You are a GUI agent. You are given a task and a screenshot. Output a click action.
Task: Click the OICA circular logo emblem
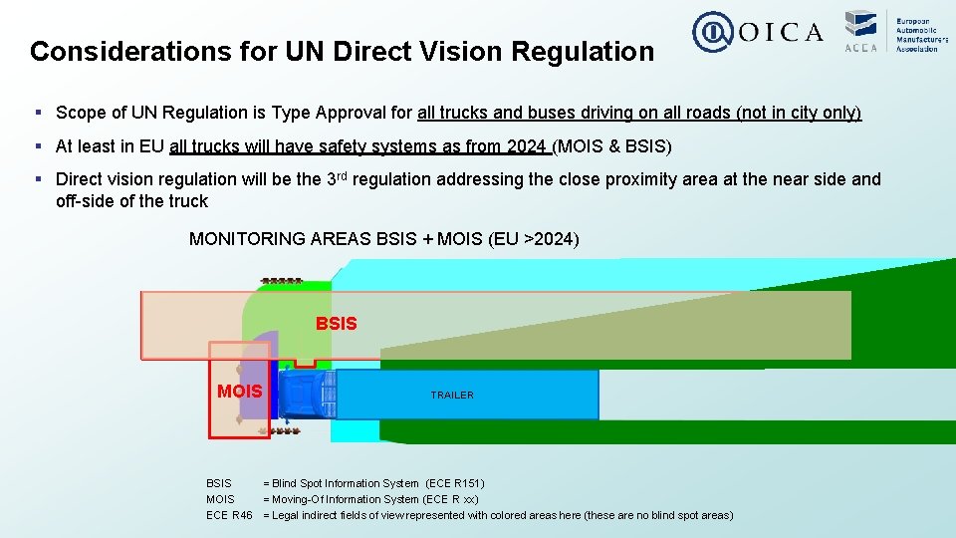click(x=712, y=32)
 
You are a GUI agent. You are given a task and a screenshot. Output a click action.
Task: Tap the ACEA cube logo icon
click(x=860, y=25)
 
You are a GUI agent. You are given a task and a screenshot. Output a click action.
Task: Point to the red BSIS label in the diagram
click(x=336, y=324)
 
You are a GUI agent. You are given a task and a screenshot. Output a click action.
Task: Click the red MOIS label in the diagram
click(x=240, y=392)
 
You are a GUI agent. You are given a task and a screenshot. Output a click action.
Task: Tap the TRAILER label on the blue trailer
click(x=452, y=396)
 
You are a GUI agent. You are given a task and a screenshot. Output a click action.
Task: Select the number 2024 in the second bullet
click(x=526, y=146)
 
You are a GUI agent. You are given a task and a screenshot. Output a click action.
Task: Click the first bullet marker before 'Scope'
click(x=37, y=113)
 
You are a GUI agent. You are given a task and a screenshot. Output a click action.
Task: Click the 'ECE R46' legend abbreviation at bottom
click(x=229, y=515)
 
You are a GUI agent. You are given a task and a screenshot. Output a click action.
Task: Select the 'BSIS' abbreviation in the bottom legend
click(x=219, y=483)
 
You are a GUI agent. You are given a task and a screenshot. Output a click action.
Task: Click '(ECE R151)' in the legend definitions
click(x=454, y=483)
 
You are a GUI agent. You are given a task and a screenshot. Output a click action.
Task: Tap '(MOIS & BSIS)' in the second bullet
click(x=612, y=146)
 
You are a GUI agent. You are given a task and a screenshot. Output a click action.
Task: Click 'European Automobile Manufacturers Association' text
click(x=917, y=34)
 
